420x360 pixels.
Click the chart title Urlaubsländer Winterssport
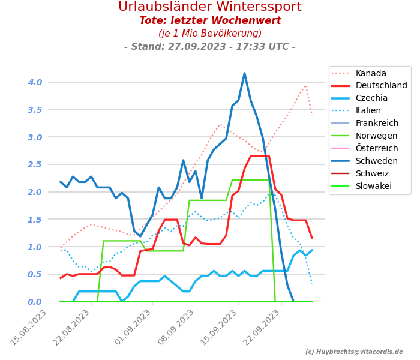point(210,7)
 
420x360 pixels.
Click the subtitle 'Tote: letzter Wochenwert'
point(210,21)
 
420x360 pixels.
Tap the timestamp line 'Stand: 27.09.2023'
point(210,47)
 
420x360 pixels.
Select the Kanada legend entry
point(371,73)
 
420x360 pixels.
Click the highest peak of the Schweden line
point(244,74)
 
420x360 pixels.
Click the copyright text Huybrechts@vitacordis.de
point(354,352)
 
